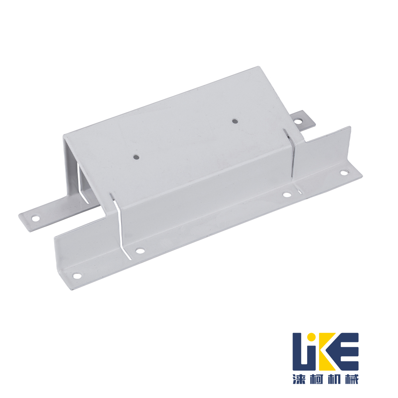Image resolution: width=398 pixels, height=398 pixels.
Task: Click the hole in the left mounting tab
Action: tap(35, 218)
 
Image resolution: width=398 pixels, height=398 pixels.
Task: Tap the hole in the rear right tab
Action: tap(300, 121)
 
